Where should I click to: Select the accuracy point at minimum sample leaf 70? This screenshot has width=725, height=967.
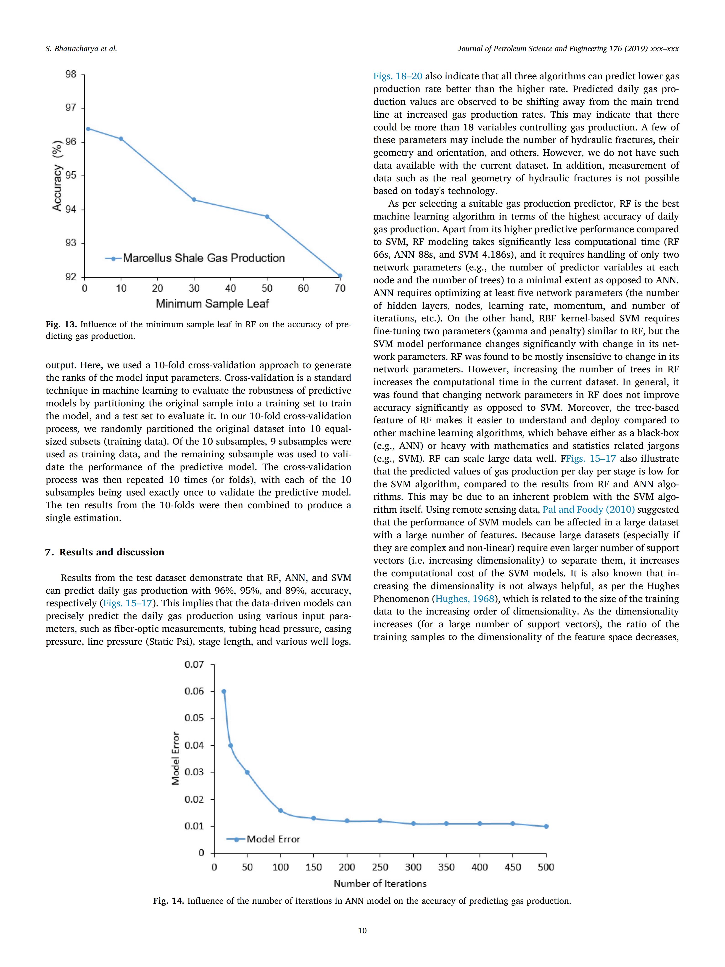click(340, 276)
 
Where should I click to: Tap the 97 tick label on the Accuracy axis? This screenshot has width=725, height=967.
click(71, 108)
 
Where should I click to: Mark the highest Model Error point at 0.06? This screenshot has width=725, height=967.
click(224, 691)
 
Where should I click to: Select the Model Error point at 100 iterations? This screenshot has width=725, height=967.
click(281, 811)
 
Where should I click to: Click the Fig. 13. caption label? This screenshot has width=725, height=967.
click(61, 324)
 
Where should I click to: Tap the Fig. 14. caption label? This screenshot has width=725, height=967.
click(169, 901)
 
